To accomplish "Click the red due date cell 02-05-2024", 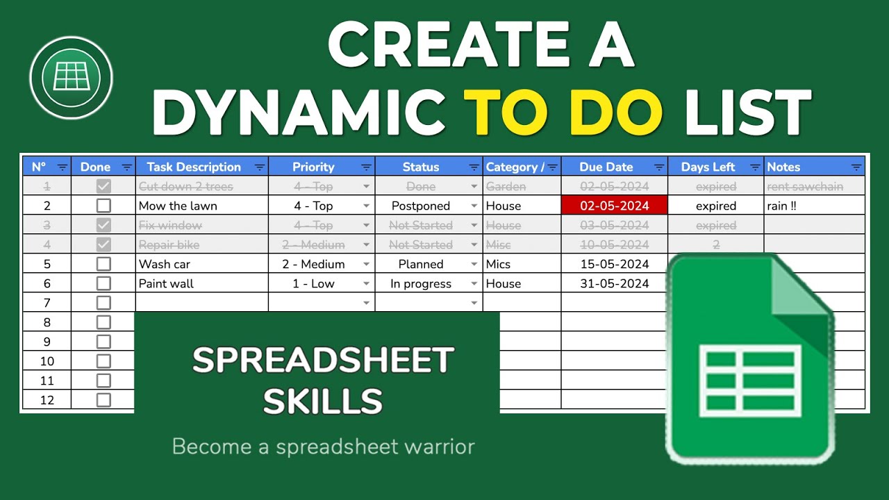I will [614, 206].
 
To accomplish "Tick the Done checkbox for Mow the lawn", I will [103, 206].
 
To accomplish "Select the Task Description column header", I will [194, 167].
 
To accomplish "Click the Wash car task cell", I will [165, 264].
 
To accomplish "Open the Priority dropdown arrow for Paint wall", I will [367, 283].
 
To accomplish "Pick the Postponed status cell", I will [421, 206].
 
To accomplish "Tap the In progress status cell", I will [421, 283].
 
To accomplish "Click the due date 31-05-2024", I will [614, 283].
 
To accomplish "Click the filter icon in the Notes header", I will [856, 167].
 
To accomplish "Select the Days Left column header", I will [708, 167].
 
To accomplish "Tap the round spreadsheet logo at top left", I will [71, 78].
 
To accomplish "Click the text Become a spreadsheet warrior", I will [323, 447].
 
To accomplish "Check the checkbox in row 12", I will [103, 400].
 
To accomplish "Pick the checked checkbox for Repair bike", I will [103, 244].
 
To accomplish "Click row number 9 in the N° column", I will [47, 342].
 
